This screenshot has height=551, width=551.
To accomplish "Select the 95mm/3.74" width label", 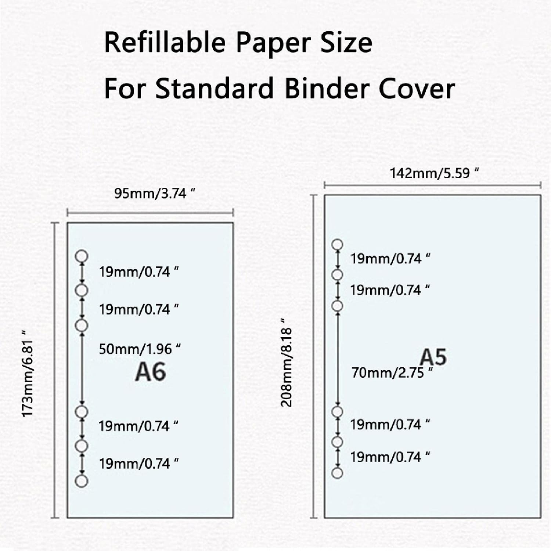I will click(x=154, y=193).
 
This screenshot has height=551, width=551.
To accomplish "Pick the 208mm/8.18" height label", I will click(x=286, y=367).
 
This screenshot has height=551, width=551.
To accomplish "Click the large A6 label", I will click(x=150, y=372).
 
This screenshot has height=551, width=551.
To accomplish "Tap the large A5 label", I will click(x=433, y=357).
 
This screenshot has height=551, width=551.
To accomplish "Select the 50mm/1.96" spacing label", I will click(x=140, y=349).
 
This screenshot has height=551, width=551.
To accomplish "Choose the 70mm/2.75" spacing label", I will click(x=392, y=373).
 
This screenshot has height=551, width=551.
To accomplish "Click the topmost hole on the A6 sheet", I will click(x=82, y=256).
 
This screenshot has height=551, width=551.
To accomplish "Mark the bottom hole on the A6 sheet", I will click(x=82, y=481).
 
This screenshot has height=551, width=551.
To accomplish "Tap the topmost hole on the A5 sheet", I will click(x=337, y=244).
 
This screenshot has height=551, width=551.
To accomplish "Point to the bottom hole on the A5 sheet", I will click(x=337, y=473).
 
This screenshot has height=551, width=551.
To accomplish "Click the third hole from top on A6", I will click(x=82, y=325).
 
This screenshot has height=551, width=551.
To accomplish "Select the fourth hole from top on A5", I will click(x=337, y=411).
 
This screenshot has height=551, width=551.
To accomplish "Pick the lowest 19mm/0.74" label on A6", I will click(x=138, y=464).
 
